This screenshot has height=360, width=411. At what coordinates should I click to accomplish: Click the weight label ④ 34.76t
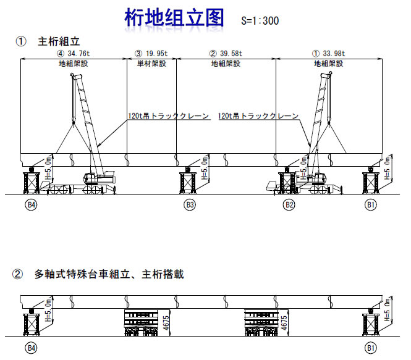pos(73,54)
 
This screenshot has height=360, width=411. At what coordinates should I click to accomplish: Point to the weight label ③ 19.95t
pos(151,54)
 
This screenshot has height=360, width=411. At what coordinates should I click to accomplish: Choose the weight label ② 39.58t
pos(226,54)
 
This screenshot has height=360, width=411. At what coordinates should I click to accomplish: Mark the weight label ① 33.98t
pos(329,54)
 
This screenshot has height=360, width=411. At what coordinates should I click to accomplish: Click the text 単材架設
pos(151,63)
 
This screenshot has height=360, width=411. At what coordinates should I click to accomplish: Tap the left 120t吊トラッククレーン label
pos(169,115)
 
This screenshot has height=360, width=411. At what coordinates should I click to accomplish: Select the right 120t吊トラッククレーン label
pos(258,115)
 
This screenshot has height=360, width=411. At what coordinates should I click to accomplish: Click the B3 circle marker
pos(190,205)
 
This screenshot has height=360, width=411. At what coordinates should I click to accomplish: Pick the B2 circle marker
pos(288,205)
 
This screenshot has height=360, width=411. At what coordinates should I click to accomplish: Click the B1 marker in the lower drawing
pos(371,348)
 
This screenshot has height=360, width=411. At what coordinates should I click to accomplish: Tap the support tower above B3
pos(189,181)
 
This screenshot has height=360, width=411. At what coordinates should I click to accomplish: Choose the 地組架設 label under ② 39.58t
pos(226,63)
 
